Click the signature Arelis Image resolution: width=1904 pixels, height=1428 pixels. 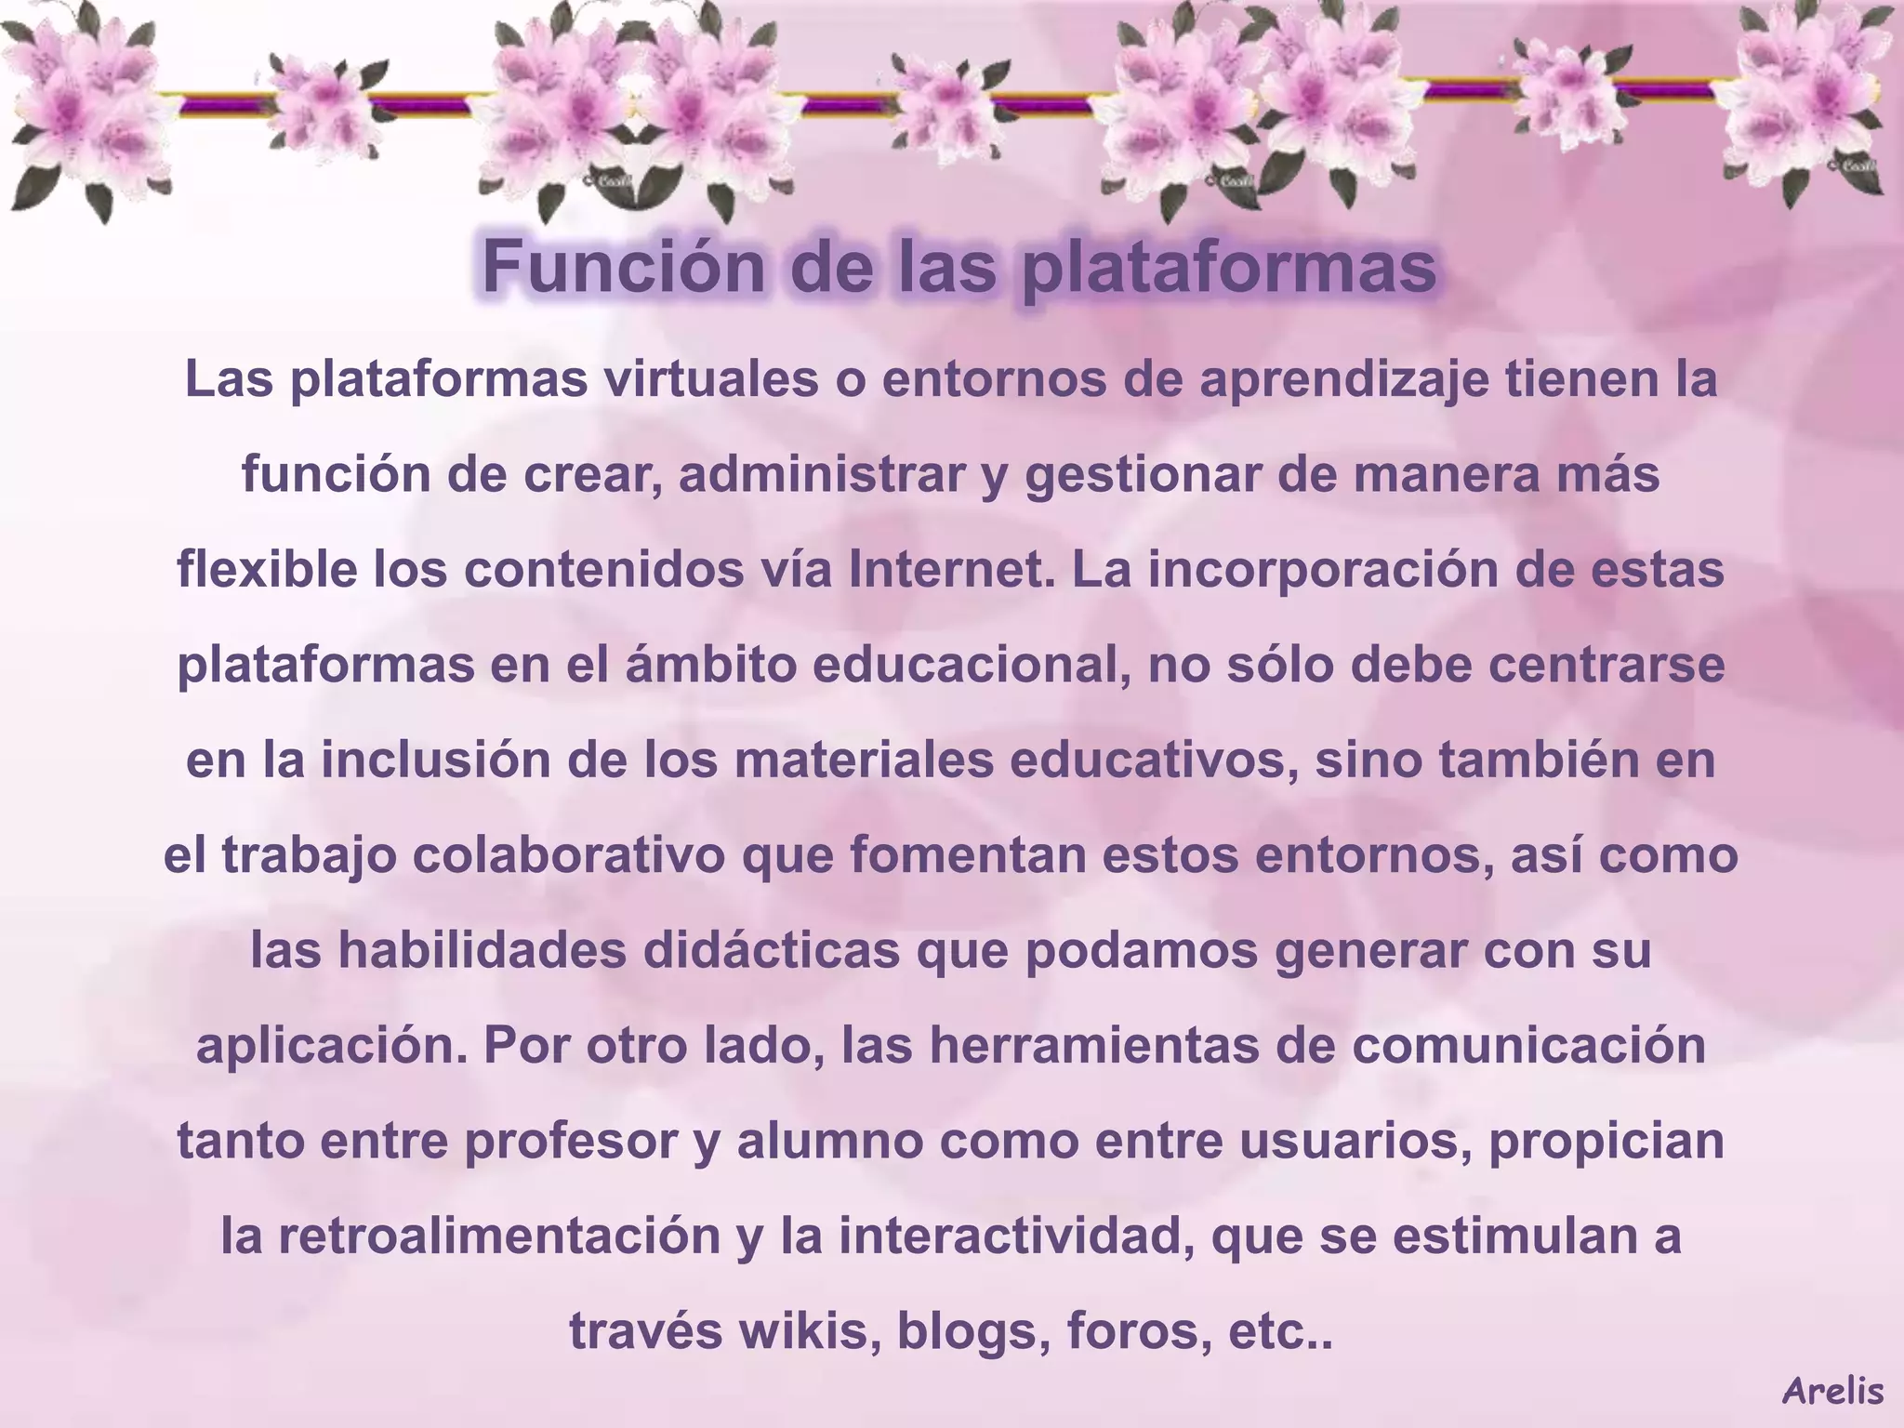1832,1391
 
